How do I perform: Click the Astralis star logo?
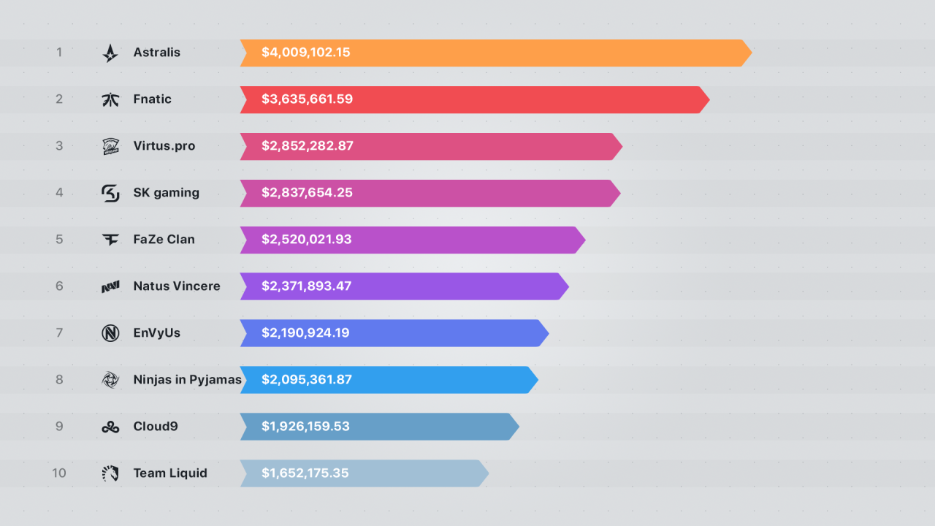click(110, 53)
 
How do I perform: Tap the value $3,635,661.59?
click(307, 99)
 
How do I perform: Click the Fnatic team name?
click(152, 99)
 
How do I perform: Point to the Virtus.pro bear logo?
click(110, 146)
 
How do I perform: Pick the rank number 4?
click(59, 193)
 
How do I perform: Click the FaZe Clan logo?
click(110, 240)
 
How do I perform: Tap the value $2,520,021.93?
click(307, 240)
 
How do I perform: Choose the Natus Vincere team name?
click(177, 286)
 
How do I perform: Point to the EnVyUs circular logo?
click(110, 333)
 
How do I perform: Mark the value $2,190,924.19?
click(305, 333)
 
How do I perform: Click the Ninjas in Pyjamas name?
click(187, 380)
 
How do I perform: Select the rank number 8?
click(59, 380)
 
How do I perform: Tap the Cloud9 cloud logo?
click(110, 427)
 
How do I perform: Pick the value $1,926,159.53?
click(305, 427)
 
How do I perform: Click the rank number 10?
click(59, 473)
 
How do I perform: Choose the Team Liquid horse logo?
click(110, 473)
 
